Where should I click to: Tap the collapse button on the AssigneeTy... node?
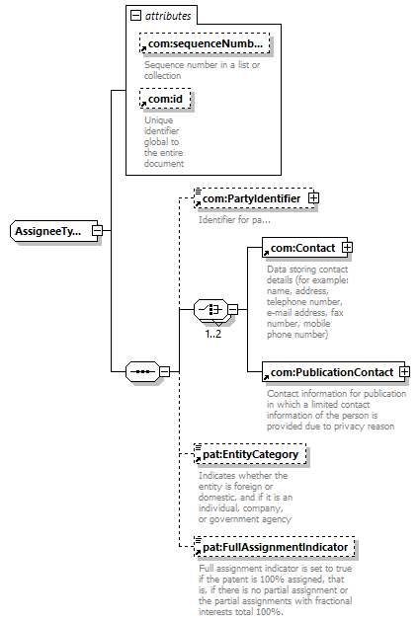[97, 230]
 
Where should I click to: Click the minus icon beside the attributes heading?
[135, 16]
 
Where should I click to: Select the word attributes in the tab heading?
[168, 16]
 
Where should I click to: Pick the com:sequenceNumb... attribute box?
[205, 43]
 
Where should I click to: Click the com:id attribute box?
[165, 99]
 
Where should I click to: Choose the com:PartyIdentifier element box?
[252, 198]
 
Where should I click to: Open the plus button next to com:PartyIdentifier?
[313, 197]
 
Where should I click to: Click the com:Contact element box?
[302, 248]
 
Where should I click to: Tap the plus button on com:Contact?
[347, 248]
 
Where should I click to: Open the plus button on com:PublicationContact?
[404, 371]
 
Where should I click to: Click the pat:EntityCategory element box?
[250, 454]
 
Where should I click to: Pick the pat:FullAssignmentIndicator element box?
[275, 547]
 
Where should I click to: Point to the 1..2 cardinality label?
[213, 334]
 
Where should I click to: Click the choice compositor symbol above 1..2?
[210, 309]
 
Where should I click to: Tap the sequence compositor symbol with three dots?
[142, 371]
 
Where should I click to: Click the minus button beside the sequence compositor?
[164, 371]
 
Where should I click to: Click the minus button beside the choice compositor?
[233, 309]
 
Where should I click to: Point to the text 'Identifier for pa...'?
[234, 220]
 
